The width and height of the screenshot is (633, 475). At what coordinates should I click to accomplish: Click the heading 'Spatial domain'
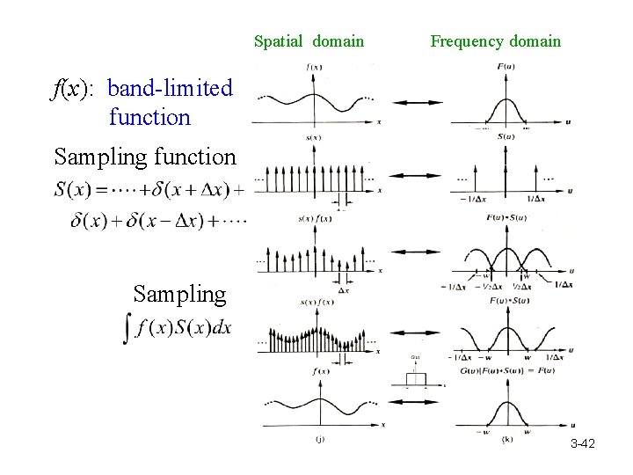[x=309, y=41]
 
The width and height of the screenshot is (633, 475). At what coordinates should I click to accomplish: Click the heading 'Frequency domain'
[x=495, y=41]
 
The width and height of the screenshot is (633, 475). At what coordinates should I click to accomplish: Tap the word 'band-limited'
[x=170, y=89]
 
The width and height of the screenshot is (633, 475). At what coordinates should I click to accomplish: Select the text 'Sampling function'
[x=145, y=157]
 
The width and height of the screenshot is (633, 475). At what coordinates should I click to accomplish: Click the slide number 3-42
[x=582, y=444]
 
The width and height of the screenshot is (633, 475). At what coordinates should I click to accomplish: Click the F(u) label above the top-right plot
[x=506, y=67]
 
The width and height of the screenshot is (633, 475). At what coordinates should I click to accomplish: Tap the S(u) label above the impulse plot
[x=506, y=136]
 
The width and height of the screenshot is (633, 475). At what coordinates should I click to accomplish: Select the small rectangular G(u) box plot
[x=415, y=379]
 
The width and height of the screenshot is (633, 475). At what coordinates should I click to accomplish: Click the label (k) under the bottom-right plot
[x=506, y=439]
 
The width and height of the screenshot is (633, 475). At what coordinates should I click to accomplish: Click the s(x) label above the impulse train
[x=314, y=137]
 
